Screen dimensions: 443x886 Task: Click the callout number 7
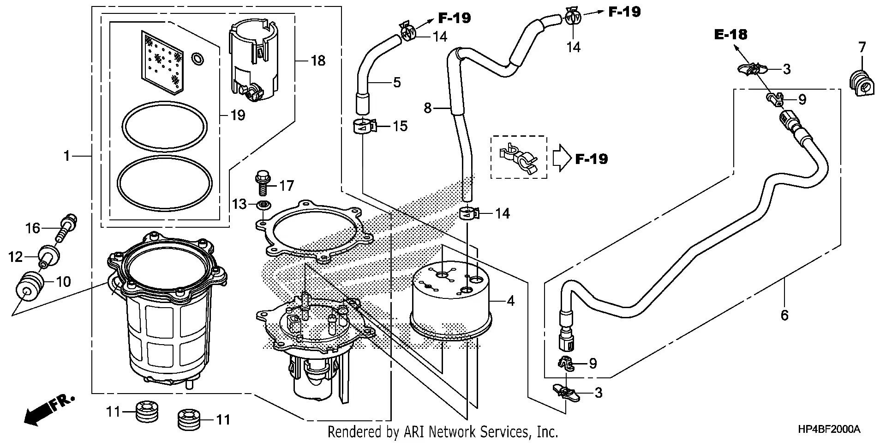pyautogui.click(x=862, y=47)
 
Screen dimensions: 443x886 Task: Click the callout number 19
pyautogui.click(x=238, y=115)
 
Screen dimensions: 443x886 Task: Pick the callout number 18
pyautogui.click(x=318, y=61)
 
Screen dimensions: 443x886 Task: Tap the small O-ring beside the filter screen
pyautogui.click(x=197, y=58)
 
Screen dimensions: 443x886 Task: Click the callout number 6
pyautogui.click(x=784, y=316)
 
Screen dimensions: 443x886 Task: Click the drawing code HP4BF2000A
pyautogui.click(x=829, y=430)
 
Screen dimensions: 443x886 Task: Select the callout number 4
pyautogui.click(x=510, y=301)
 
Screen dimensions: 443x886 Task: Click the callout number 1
pyautogui.click(x=67, y=156)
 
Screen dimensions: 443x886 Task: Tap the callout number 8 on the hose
pyautogui.click(x=428, y=108)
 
